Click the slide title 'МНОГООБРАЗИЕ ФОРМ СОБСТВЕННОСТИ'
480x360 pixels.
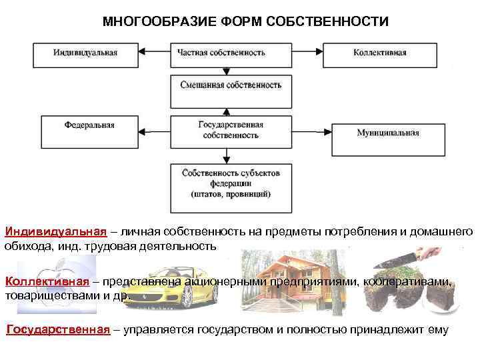[x=245, y=22]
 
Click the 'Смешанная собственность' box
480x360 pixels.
[x=231, y=85]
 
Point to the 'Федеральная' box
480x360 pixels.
[x=90, y=125]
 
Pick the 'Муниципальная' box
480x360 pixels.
[x=387, y=133]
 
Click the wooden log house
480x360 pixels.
[x=286, y=280]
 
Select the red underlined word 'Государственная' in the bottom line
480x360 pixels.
[x=58, y=330]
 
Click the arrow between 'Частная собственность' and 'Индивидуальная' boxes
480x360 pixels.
[x=155, y=52]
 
